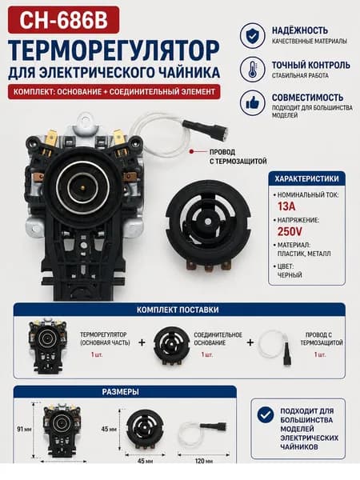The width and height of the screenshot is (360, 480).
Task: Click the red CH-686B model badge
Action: click(x=63, y=20)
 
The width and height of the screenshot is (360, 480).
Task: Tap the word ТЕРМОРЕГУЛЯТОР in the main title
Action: click(x=114, y=50)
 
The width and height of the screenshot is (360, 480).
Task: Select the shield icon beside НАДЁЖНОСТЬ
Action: click(x=253, y=36)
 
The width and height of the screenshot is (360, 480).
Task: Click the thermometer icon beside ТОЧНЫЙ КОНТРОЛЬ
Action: click(x=253, y=69)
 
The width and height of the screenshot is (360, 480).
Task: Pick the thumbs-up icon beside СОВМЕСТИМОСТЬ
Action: click(x=253, y=103)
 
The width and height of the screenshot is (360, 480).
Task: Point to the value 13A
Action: click(x=286, y=206)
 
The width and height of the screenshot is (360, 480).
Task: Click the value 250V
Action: click(x=290, y=231)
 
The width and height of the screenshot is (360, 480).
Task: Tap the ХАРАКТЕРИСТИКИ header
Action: click(x=306, y=178)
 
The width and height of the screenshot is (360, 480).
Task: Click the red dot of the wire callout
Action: click(x=191, y=151)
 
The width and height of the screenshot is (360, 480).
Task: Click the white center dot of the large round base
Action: click(x=207, y=221)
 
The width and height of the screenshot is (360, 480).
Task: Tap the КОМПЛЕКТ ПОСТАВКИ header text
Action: click(x=178, y=310)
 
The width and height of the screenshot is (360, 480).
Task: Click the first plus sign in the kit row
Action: click(x=142, y=342)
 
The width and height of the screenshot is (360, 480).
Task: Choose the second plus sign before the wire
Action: click(x=250, y=342)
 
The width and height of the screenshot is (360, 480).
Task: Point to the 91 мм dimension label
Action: click(x=23, y=429)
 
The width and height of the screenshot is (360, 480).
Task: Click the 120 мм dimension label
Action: click(x=203, y=461)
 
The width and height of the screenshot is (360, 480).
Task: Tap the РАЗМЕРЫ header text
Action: click(x=120, y=392)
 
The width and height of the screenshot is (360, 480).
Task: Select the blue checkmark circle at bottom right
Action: click(x=266, y=415)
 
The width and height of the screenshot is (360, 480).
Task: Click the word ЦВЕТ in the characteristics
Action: click(x=285, y=266)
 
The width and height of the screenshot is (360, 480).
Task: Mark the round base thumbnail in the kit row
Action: click(x=171, y=346)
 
